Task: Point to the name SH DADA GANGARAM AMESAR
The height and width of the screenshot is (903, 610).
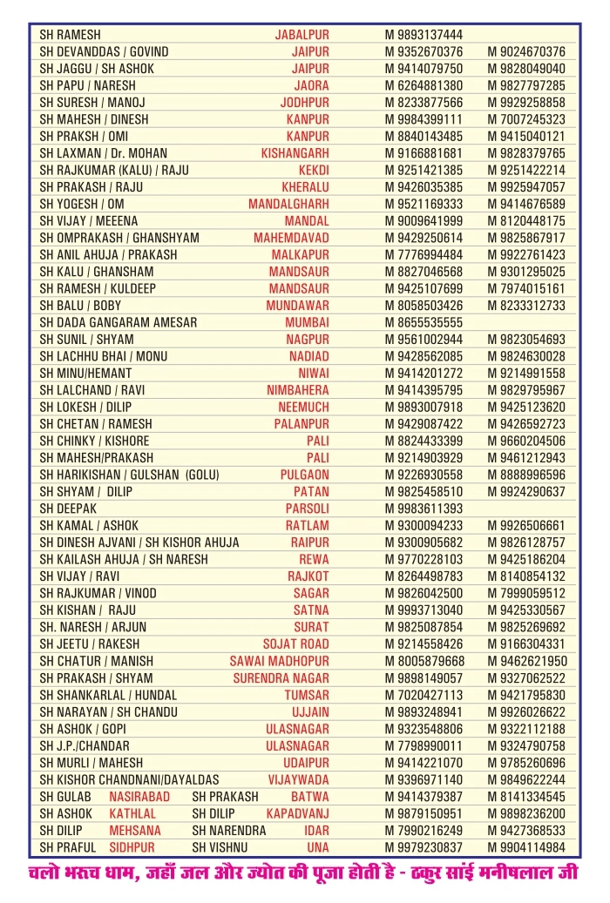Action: tap(119, 322)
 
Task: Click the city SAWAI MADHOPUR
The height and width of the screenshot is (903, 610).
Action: tap(280, 661)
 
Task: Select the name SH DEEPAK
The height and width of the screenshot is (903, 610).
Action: tap(68, 509)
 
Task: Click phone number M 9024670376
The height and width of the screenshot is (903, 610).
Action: tap(526, 52)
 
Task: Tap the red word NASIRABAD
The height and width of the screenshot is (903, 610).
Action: tap(139, 797)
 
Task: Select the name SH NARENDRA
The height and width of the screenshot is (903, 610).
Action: tap(228, 831)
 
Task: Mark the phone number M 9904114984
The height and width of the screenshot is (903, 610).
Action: tap(526, 847)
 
